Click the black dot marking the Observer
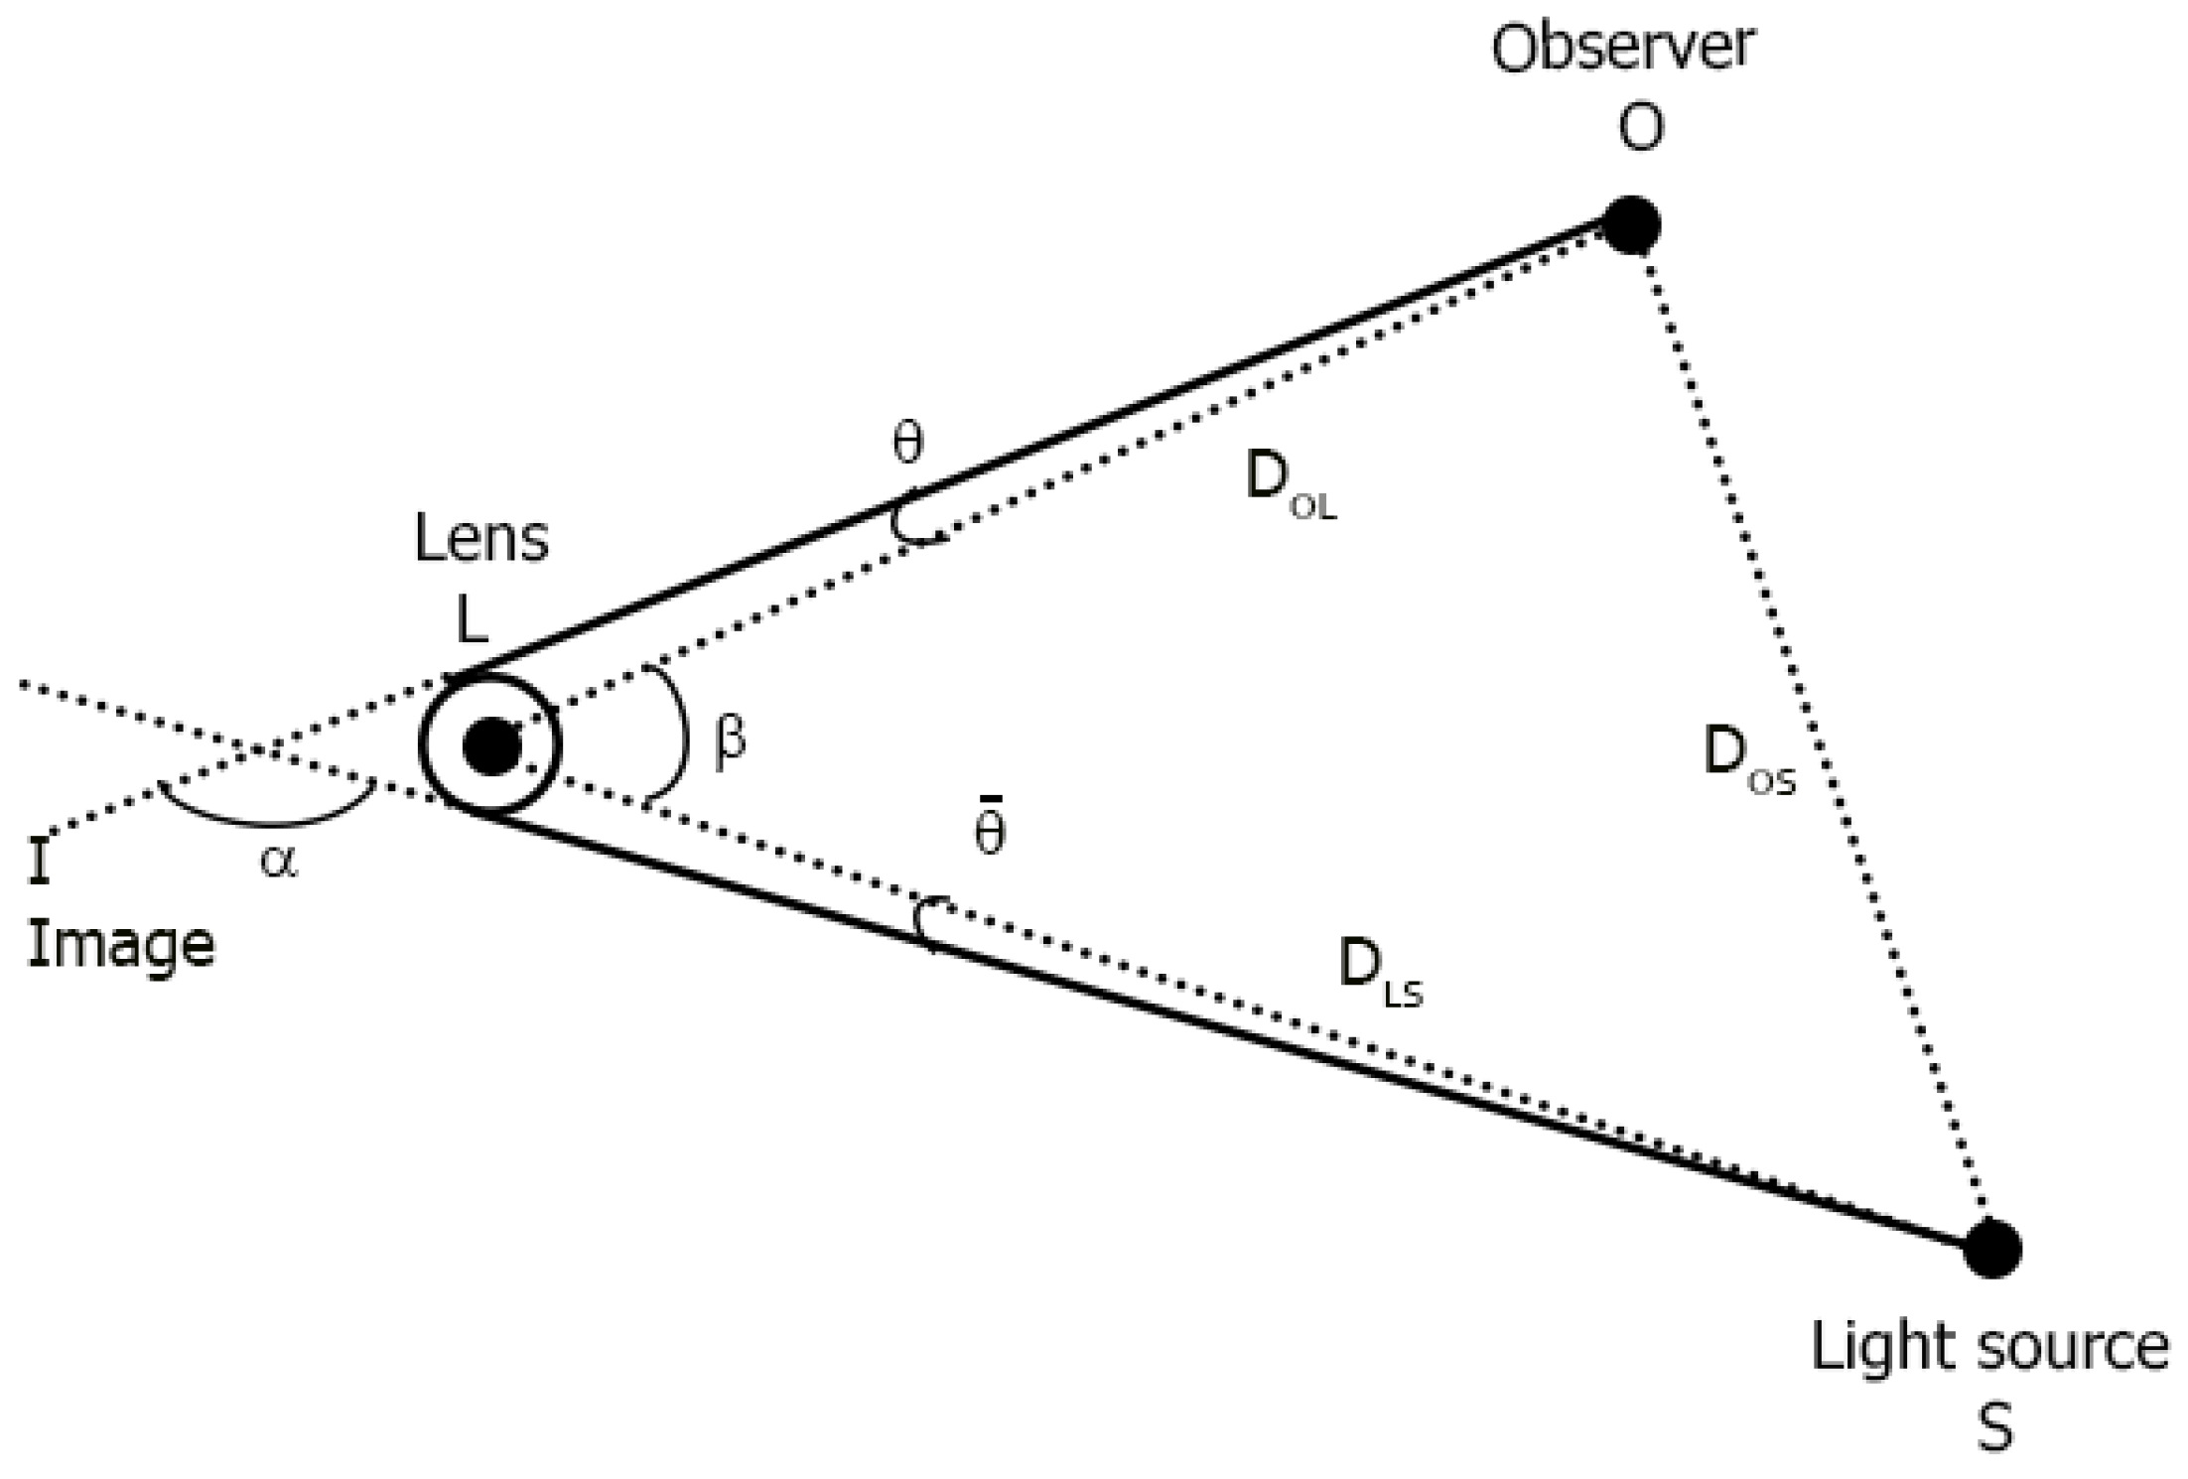tap(1630, 224)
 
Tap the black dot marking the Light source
tap(1991, 1249)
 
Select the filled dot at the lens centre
tap(491, 746)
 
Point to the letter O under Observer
tap(1640, 127)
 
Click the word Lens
tap(480, 541)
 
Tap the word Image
tap(120, 945)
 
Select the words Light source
tap(1989, 1348)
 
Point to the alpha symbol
tap(279, 862)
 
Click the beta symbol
tap(729, 740)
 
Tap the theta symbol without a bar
tap(907, 443)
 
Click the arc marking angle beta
tap(683, 735)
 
